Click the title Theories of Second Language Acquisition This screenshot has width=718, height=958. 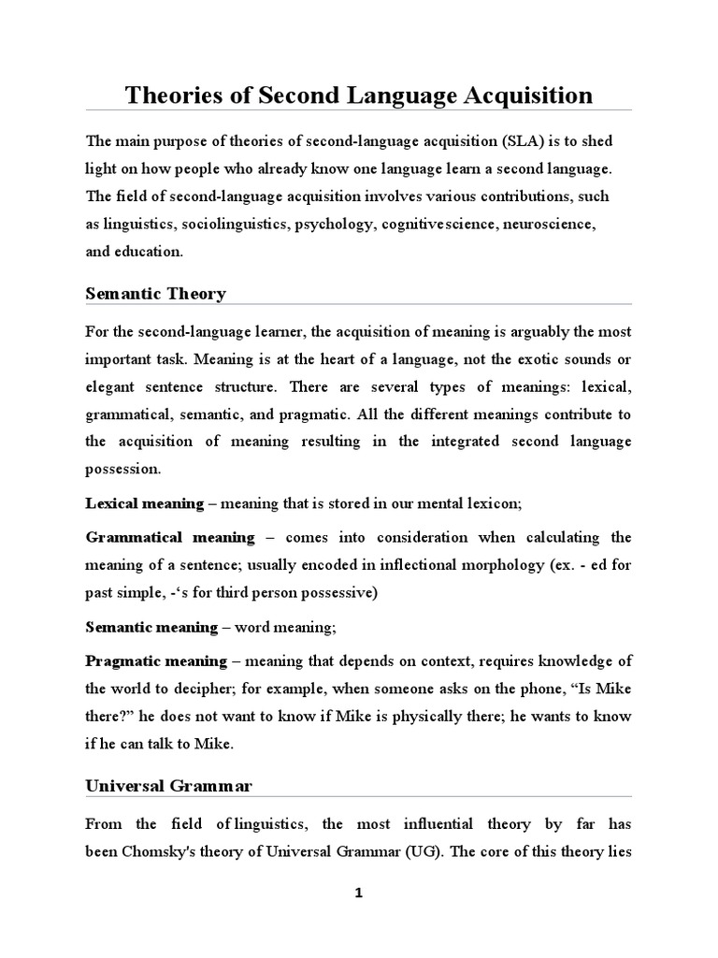359,95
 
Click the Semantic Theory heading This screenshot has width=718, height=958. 155,294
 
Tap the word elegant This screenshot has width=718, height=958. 114,386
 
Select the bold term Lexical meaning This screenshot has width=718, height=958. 144,503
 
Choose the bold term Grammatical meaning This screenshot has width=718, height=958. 169,537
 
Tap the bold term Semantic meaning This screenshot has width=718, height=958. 151,625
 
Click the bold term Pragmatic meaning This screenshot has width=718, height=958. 156,660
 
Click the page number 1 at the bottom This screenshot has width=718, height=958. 358,893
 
